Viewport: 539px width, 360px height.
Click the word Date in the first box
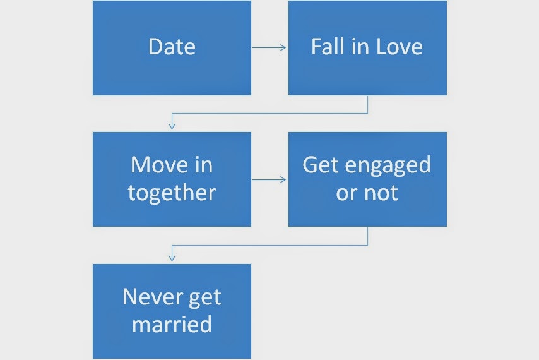(172, 47)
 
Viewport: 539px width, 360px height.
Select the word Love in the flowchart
(397, 47)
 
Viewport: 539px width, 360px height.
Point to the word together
(172, 193)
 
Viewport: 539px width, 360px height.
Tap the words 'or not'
(367, 193)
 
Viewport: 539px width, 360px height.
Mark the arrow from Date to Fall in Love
(269, 47)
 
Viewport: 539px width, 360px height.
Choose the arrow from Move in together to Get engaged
(269, 179)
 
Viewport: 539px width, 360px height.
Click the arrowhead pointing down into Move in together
(172, 126)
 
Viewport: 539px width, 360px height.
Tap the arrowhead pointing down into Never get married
(172, 258)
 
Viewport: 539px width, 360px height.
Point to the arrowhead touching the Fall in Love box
(285, 47)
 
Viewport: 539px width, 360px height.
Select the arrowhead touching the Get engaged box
(285, 179)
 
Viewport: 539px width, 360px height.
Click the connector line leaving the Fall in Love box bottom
(367, 105)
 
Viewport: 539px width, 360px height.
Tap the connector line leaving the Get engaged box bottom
(367, 236)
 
